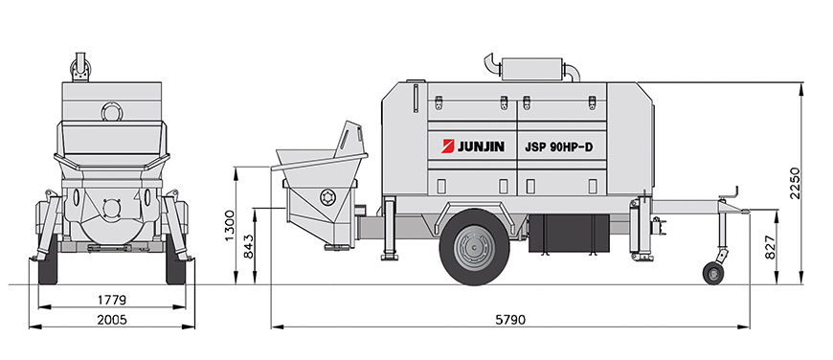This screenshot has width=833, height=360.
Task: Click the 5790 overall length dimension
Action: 510,320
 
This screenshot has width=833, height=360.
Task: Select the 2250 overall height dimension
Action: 795,183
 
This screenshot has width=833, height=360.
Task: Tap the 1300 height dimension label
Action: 230,225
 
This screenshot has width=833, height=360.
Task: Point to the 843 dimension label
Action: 249,247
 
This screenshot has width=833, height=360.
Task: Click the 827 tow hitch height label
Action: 771,247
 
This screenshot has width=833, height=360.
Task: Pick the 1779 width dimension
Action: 112,300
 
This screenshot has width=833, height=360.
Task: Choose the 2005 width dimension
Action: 112,320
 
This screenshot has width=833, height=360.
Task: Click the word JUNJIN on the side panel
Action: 481,146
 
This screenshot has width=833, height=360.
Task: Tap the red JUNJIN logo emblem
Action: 447,146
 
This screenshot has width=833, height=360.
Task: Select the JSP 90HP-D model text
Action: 558,147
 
